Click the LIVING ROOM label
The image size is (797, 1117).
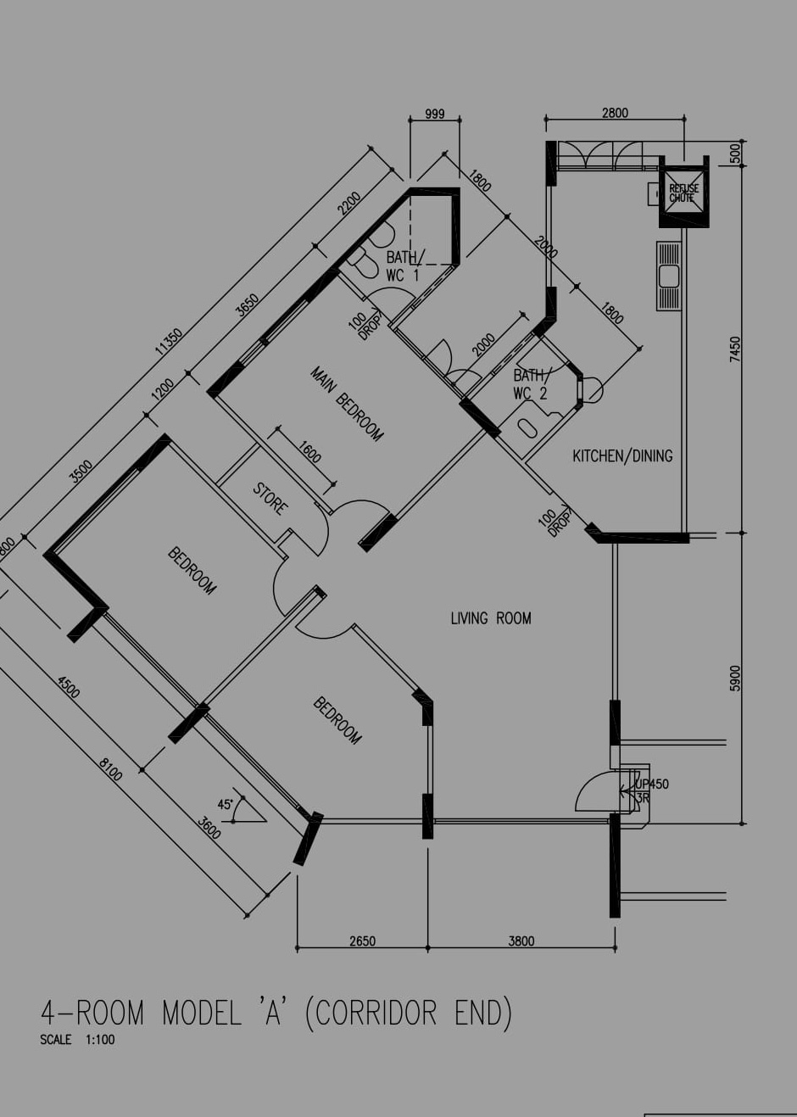(491, 618)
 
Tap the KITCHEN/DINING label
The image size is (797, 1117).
(622, 456)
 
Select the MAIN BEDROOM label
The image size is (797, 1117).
(347, 403)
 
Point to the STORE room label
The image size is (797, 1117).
(270, 499)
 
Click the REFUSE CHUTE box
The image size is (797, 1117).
(683, 194)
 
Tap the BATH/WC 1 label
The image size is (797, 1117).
(404, 265)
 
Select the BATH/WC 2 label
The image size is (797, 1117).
(531, 383)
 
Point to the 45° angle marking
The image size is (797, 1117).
(226, 804)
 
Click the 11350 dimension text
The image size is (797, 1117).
(168, 341)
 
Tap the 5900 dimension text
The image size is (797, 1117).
(735, 678)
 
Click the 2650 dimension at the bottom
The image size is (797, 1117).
(362, 941)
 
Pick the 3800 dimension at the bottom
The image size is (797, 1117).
(521, 941)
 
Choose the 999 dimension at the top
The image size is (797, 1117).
(434, 114)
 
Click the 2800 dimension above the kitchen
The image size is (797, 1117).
(615, 113)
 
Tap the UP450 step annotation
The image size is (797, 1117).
(652, 784)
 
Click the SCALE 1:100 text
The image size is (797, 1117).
(76, 1039)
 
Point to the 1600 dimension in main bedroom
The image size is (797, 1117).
(309, 452)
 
